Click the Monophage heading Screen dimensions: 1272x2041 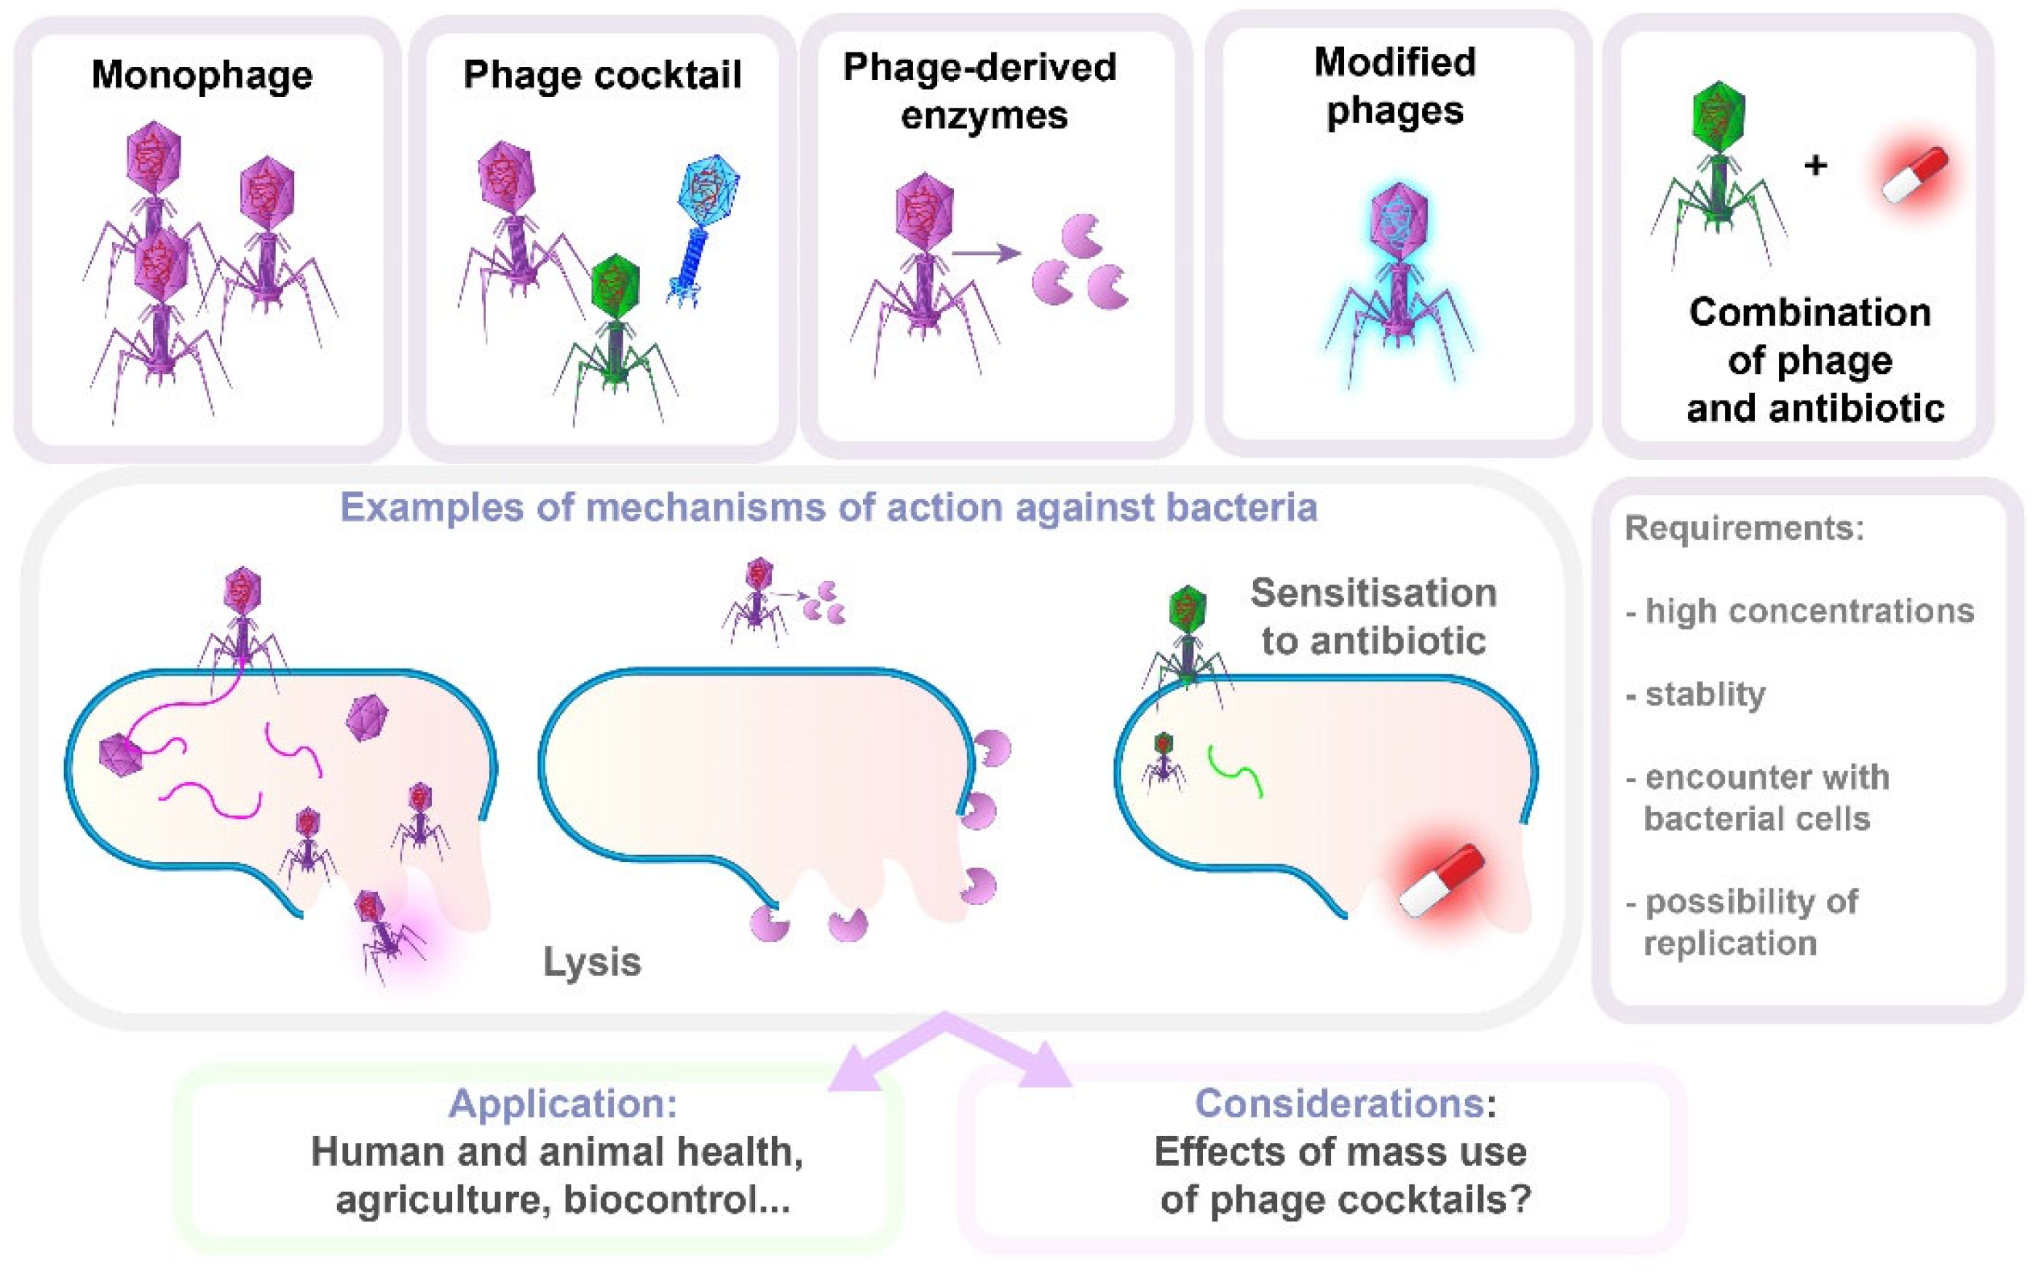pos(202,75)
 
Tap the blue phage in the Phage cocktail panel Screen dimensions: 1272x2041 pos(703,227)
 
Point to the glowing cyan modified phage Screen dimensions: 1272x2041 pos(1398,277)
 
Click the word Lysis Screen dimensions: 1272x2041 pos(591,962)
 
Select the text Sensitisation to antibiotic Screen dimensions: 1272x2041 pos(1373,617)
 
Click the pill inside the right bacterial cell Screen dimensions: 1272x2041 pos(1442,880)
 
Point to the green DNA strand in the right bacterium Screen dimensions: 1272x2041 pos(1235,770)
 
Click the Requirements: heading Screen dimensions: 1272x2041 pos(1744,529)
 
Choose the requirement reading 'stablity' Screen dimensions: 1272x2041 pos(1705,694)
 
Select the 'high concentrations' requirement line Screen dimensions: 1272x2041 pos(1809,611)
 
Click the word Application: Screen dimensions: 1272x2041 pos(562,1103)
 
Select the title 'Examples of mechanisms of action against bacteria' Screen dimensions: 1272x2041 pos(828,508)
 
